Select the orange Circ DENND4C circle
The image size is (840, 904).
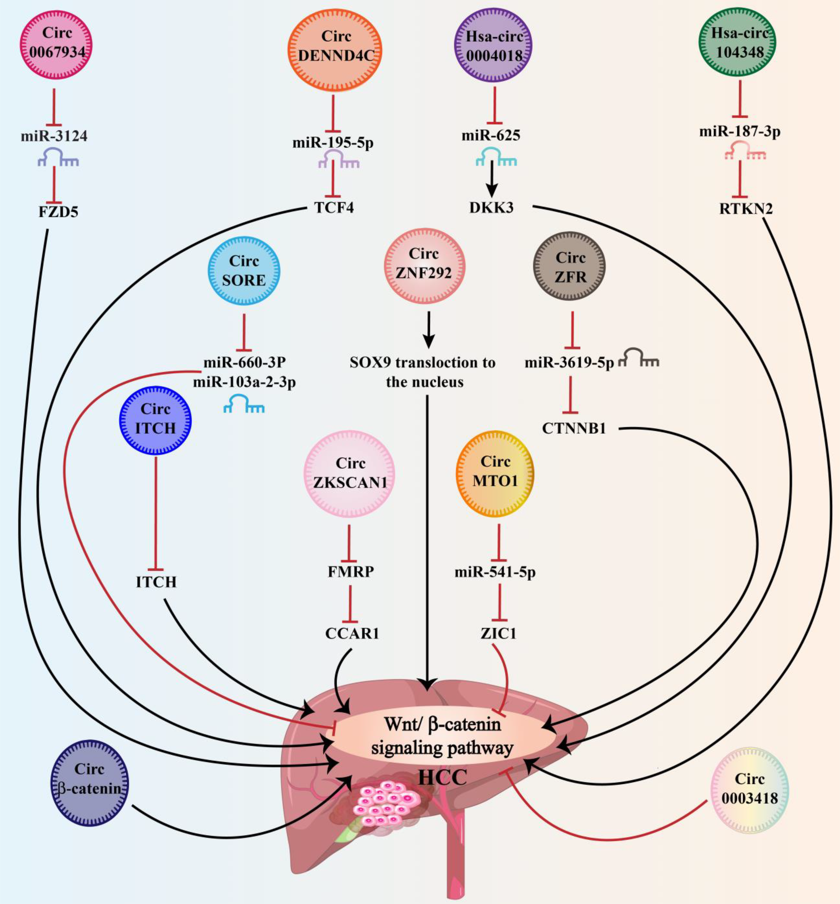335,46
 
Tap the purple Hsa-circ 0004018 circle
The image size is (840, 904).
494,46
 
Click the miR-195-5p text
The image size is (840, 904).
333,142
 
